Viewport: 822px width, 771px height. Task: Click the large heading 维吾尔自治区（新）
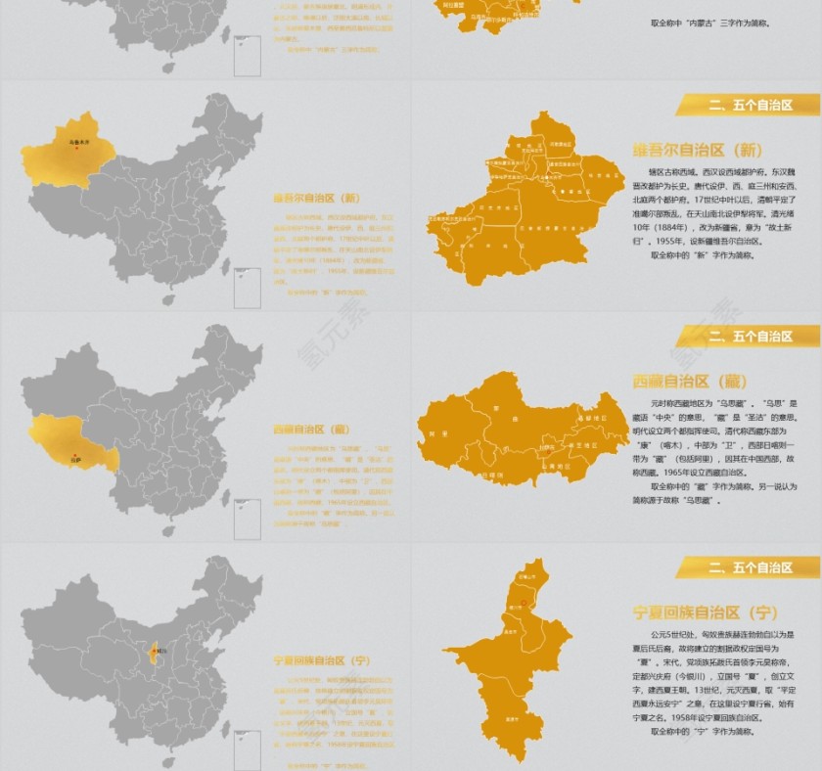pyautogui.click(x=698, y=150)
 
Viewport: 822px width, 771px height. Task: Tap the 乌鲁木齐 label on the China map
pyautogui.click(x=79, y=142)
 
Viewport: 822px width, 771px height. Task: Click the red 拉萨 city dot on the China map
pyautogui.click(x=76, y=450)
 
